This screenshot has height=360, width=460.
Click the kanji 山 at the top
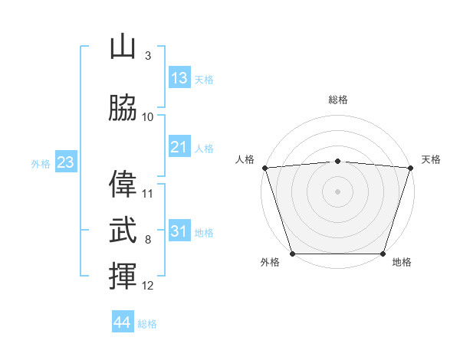pyautogui.click(x=123, y=46)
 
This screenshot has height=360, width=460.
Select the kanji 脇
pyautogui.click(x=123, y=107)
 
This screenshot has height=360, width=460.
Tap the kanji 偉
pyautogui.click(x=123, y=184)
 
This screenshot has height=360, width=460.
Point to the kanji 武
pyautogui.click(x=123, y=230)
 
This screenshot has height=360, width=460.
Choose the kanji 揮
pyautogui.click(x=123, y=276)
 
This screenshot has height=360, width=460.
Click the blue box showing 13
pyautogui.click(x=179, y=77)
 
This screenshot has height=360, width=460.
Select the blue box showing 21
pyautogui.click(x=179, y=146)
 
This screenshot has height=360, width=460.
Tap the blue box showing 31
pyautogui.click(x=179, y=230)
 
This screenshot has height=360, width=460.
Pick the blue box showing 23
pyautogui.click(x=66, y=162)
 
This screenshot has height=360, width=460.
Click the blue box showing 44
pyautogui.click(x=123, y=321)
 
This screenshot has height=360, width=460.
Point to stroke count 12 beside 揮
pyautogui.click(x=147, y=286)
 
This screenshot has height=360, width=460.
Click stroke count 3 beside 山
pyautogui.click(x=148, y=56)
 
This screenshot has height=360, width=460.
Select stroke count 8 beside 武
pyautogui.click(x=148, y=240)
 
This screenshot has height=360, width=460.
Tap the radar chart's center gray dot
pyautogui.click(x=337, y=191)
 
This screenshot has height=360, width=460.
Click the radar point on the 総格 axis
pyautogui.click(x=337, y=162)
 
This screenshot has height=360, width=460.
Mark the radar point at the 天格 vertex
pyautogui.click(x=411, y=168)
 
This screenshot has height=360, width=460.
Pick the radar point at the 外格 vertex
pyautogui.click(x=293, y=254)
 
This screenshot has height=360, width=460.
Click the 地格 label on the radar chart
pyautogui.click(x=402, y=262)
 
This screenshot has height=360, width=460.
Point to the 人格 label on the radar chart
pyautogui.click(x=245, y=159)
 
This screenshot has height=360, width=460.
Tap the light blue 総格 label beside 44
pyautogui.click(x=147, y=324)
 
